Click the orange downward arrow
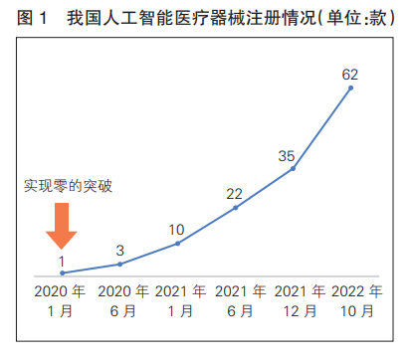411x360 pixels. pyautogui.click(x=62, y=225)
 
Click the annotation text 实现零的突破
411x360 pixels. pyautogui.click(x=68, y=186)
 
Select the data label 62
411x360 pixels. pyautogui.click(x=349, y=74)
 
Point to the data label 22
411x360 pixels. pyautogui.click(x=234, y=193)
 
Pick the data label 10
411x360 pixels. pyautogui.click(x=176, y=228)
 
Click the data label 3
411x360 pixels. pyautogui.click(x=119, y=250)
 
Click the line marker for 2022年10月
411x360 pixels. pyautogui.click(x=350, y=88)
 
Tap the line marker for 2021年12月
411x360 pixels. pyautogui.click(x=293, y=168)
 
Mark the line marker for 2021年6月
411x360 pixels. pyautogui.click(x=235, y=208)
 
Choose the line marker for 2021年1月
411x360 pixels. pyautogui.click(x=177, y=243)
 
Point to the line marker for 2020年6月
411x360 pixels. pyautogui.click(x=119, y=264)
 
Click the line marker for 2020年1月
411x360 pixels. pyautogui.click(x=62, y=272)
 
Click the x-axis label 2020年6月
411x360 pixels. pyautogui.click(x=119, y=301)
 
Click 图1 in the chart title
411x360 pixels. pyautogui.click(x=32, y=19)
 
